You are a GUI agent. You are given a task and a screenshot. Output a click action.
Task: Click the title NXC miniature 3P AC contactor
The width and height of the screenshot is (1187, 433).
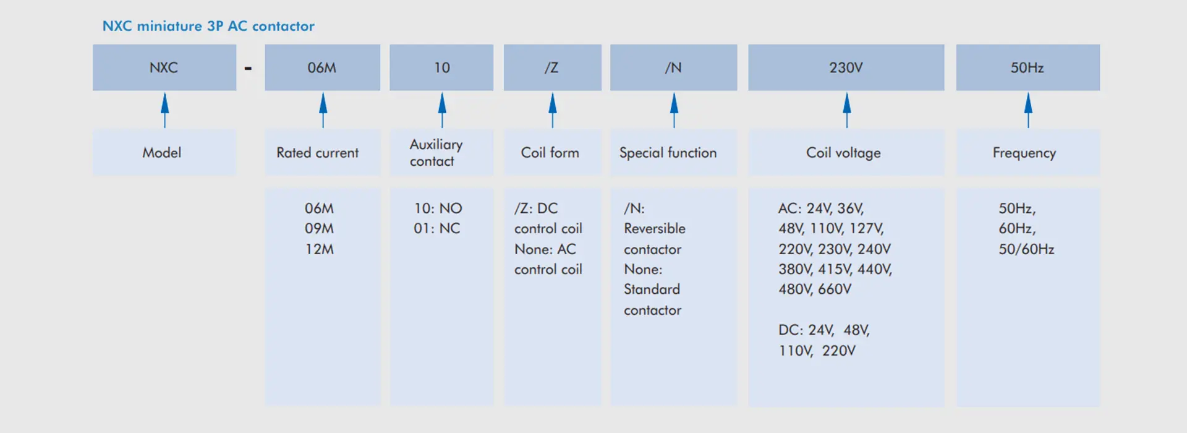coord(208,26)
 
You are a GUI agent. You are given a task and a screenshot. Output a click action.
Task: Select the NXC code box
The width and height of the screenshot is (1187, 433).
coord(164,67)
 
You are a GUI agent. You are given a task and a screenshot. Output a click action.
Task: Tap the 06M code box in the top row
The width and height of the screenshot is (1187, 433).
coord(323,67)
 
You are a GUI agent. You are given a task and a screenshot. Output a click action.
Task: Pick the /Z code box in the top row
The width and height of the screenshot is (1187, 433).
coord(553,67)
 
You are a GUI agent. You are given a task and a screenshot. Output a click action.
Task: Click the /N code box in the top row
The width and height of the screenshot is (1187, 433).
coord(674,67)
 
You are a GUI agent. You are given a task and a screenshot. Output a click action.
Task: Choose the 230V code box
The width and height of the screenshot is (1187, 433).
coord(846,67)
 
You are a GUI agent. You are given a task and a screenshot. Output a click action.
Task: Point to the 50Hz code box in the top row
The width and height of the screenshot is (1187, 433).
coord(1028,67)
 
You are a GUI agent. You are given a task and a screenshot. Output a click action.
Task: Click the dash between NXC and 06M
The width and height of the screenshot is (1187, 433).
coord(248,68)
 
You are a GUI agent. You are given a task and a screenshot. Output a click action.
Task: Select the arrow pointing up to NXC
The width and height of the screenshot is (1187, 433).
coord(164,110)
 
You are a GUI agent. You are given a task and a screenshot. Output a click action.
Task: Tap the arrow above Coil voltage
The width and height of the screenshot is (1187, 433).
coord(847,110)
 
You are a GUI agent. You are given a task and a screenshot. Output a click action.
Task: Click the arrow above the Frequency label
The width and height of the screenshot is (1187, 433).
coord(1028,110)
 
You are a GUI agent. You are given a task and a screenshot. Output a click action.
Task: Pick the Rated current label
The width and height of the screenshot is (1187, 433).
coord(317,153)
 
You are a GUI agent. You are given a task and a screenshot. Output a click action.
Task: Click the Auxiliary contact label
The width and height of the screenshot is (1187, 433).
coord(436,153)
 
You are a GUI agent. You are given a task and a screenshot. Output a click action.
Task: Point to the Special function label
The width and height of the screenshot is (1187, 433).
coord(668,153)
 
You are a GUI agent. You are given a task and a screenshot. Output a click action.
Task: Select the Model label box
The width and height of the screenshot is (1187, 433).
coord(164,152)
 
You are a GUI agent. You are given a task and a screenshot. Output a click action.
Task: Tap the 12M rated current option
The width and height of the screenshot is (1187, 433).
coord(319,249)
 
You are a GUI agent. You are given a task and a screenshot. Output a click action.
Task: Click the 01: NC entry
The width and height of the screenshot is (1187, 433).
coord(437,228)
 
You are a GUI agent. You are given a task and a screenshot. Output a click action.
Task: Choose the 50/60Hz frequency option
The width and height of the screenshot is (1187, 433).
coord(1026,249)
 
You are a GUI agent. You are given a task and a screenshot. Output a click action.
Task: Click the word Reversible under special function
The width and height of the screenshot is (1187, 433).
coord(655,228)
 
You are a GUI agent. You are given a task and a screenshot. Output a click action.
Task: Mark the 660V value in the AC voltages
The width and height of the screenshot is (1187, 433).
coord(835,289)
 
